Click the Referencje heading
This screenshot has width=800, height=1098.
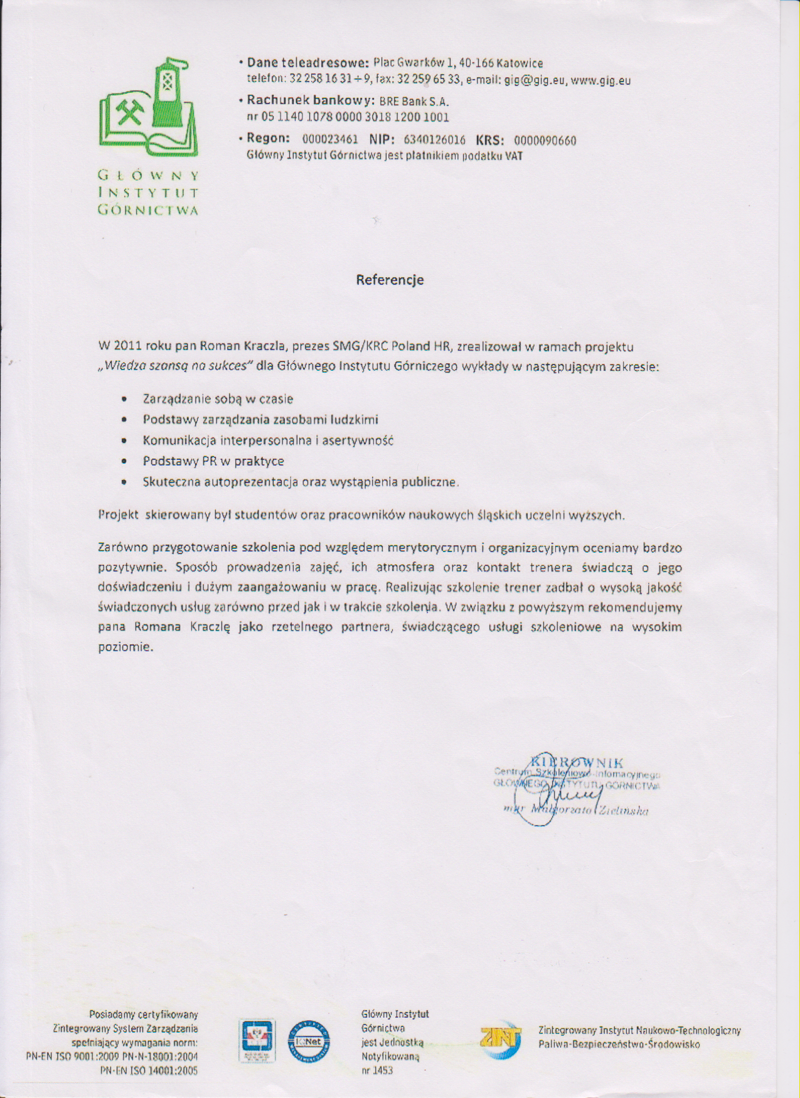click(390, 280)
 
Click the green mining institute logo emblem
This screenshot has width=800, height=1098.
click(148, 108)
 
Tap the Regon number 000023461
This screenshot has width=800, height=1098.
click(330, 139)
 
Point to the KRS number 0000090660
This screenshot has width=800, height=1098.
click(545, 141)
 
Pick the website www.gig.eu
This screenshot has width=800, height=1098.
click(600, 80)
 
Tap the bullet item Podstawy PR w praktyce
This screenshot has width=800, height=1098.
click(213, 461)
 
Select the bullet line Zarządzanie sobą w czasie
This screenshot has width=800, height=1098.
click(218, 399)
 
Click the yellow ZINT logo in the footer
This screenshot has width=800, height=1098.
click(501, 1038)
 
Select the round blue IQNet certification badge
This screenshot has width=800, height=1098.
click(309, 1042)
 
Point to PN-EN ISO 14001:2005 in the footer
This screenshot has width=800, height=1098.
click(149, 1071)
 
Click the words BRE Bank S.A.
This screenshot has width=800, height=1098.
click(414, 102)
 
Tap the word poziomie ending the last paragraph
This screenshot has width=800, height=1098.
click(125, 647)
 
